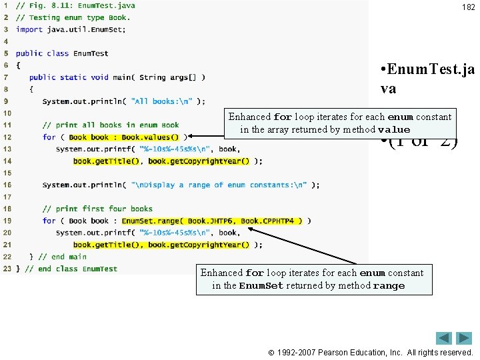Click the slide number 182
[x=468, y=7]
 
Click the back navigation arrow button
[x=444, y=338]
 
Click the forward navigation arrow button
[x=464, y=338]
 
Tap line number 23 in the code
[x=6, y=269]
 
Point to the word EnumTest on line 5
[x=91, y=53]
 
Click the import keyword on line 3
[x=29, y=29]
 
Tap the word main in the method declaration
[x=121, y=77]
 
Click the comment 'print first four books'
[x=97, y=209]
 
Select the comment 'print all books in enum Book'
[x=111, y=125]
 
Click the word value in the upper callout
[x=393, y=130]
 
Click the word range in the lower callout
[x=389, y=286]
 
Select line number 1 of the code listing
[x=6, y=5]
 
